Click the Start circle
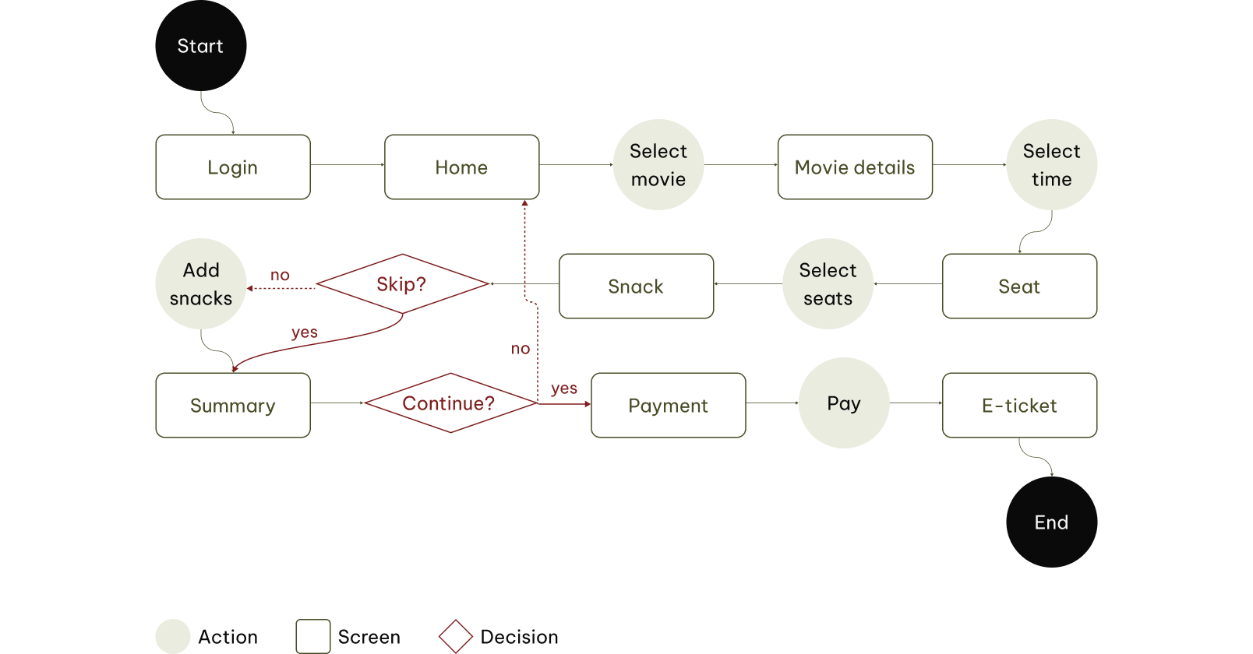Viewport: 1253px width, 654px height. pyautogui.click(x=200, y=46)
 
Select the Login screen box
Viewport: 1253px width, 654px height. pyautogui.click(x=232, y=167)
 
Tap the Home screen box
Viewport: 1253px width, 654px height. pyautogui.click(x=461, y=167)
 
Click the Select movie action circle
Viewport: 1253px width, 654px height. pyautogui.click(x=658, y=165)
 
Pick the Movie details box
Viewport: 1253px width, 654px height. pyautogui.click(x=854, y=167)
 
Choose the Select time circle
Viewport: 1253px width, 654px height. pyautogui.click(x=1051, y=165)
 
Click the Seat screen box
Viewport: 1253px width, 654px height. pyautogui.click(x=1019, y=287)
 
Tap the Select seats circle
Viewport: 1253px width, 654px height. pyautogui.click(x=828, y=284)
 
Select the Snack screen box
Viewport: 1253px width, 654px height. pyautogui.click(x=636, y=287)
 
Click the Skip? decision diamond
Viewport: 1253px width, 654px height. pyautogui.click(x=401, y=284)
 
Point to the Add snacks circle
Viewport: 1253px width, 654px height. pyautogui.click(x=201, y=284)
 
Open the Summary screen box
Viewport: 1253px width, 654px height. pyautogui.click(x=232, y=406)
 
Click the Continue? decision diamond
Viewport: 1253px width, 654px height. pyautogui.click(x=449, y=403)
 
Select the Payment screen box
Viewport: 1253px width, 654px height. pyautogui.click(x=668, y=406)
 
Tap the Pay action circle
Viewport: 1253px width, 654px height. pyautogui.click(x=843, y=403)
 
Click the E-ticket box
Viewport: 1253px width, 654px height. pyautogui.click(x=1019, y=406)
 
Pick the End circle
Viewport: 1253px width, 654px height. pyautogui.click(x=1051, y=522)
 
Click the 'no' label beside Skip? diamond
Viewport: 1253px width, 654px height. pyautogui.click(x=280, y=275)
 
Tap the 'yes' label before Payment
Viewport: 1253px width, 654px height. pyautogui.click(x=563, y=388)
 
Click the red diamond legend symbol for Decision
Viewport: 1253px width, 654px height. pyautogui.click(x=456, y=636)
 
